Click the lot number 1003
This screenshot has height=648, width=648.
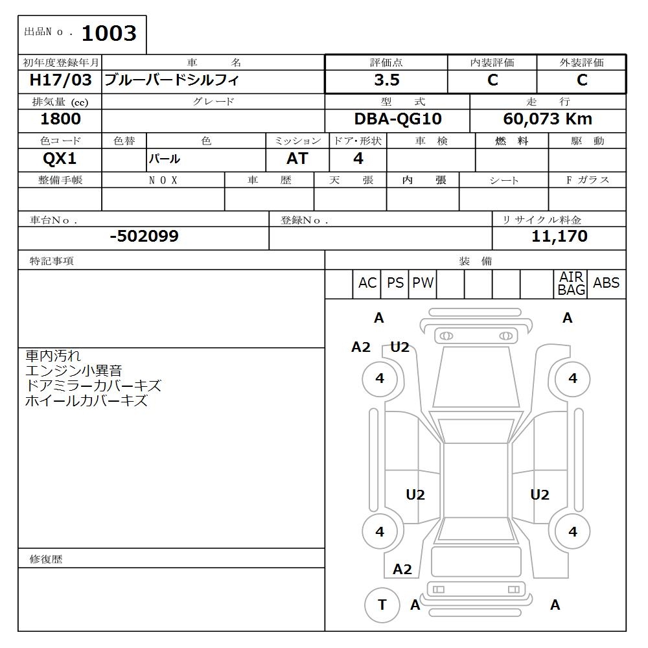pos(109,33)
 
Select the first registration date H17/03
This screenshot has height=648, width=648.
pos(60,80)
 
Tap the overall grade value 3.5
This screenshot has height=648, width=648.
pos(386,80)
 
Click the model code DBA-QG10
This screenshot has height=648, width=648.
pos(398,119)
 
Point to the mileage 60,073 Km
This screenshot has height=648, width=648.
pos(548,119)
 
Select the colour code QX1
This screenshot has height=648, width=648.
pos(59,159)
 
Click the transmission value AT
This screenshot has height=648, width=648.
pos(297,159)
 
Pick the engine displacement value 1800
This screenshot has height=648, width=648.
pos(60,119)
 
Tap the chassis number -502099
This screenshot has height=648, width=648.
pos(144,237)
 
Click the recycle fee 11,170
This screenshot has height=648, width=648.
pos(559,237)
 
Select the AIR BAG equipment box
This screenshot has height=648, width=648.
pos(571,284)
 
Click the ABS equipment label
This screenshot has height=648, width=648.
pos(606,283)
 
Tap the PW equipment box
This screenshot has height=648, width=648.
pos(422,283)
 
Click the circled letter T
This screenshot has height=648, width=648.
pos(382,605)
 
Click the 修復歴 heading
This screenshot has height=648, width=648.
pos(46,559)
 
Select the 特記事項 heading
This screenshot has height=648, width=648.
pos(52,260)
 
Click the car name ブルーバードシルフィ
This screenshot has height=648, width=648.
pos(172,80)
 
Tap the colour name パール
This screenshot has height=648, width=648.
pos(165,159)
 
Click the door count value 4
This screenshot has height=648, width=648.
pos(358,159)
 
